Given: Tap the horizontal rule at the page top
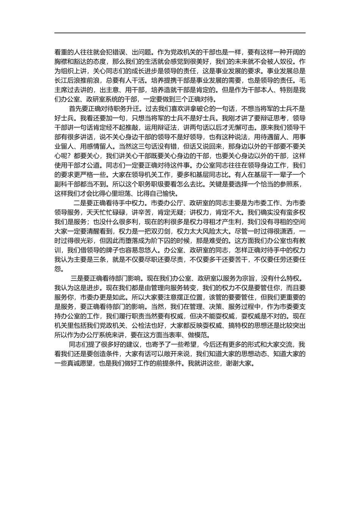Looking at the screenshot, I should click(180, 33).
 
